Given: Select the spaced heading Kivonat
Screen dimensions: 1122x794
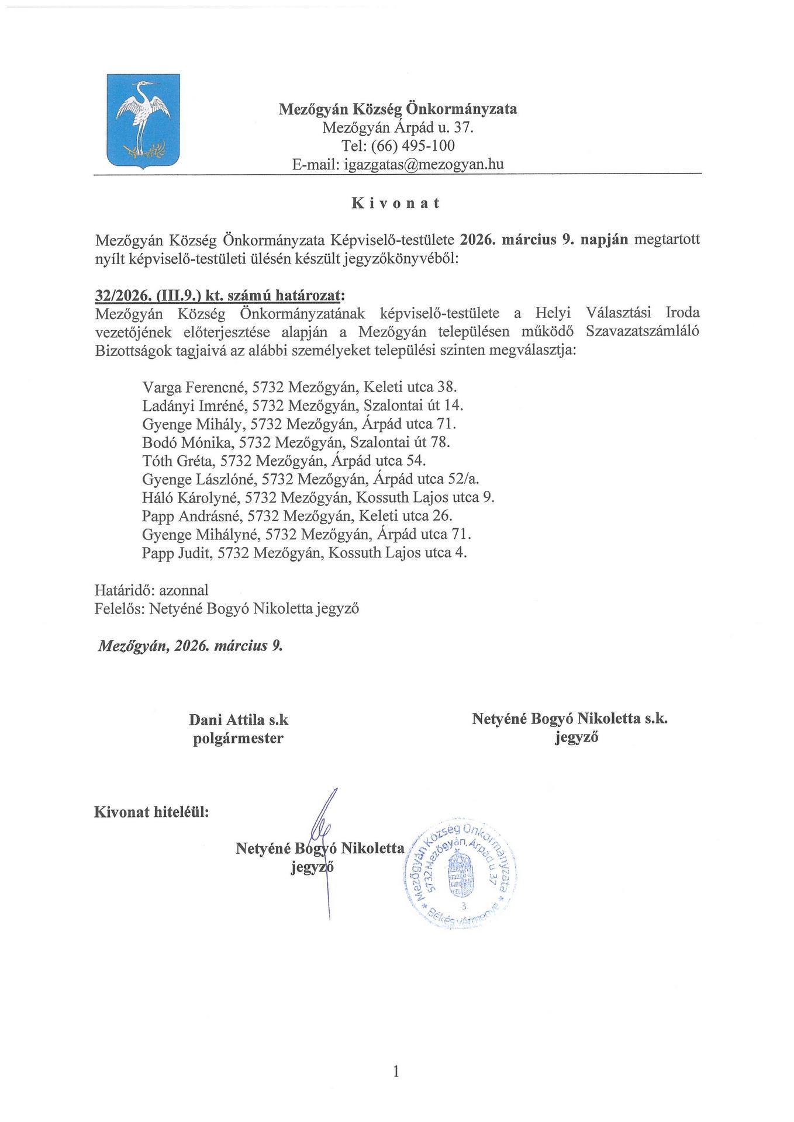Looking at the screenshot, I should [396, 203].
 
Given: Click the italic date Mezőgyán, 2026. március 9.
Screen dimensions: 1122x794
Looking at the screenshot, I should [190, 646].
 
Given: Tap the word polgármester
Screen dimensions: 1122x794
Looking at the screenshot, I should [239, 738].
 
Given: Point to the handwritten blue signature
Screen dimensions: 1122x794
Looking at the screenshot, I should [323, 836].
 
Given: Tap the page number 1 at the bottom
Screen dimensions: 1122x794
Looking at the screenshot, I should [396, 1071].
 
